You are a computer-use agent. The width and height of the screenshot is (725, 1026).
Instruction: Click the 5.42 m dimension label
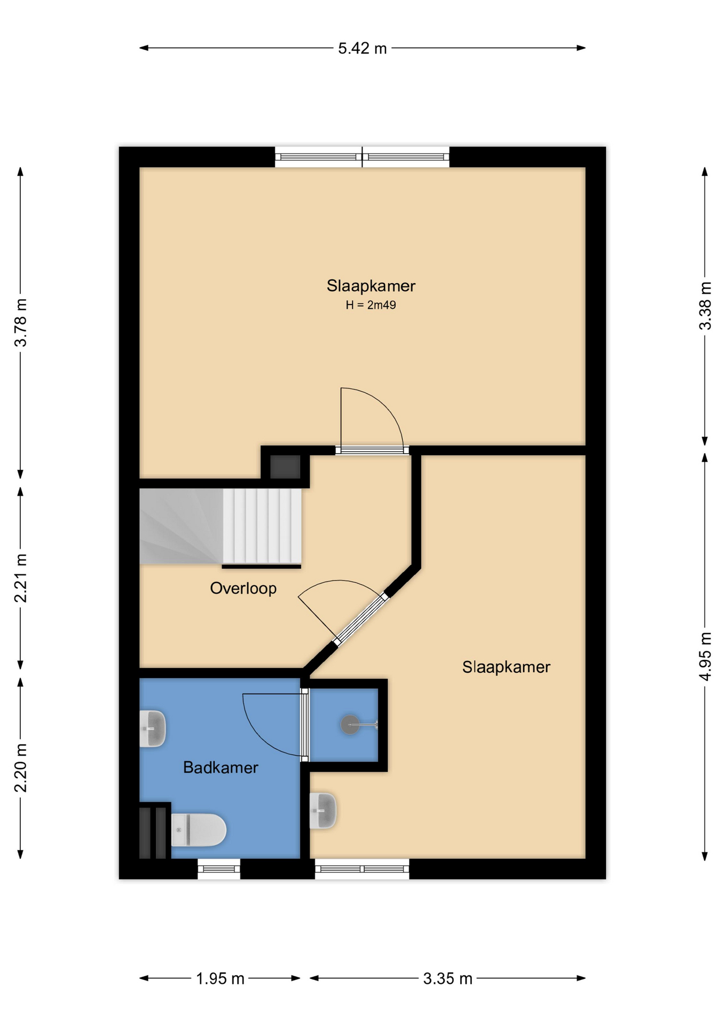tap(362, 49)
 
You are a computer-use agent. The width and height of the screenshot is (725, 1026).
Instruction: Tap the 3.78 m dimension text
tap(21, 323)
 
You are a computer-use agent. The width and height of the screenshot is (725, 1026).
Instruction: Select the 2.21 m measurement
tap(21, 578)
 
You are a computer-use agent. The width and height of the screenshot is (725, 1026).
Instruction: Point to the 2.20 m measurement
tap(21, 768)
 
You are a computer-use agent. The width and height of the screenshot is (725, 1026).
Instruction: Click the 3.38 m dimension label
tap(705, 306)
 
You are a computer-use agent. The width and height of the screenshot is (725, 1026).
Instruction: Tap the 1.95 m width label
tap(220, 979)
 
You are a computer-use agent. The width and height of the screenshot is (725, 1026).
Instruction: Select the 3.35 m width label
tap(448, 979)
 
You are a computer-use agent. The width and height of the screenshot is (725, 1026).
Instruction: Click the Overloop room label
tap(243, 588)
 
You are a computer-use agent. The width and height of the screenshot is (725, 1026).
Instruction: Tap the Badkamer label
tap(220, 767)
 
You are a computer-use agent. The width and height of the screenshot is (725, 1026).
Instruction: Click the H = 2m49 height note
tap(371, 305)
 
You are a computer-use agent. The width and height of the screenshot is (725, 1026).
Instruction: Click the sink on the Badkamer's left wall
tap(153, 728)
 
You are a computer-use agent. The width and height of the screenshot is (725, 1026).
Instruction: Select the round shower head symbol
tap(350, 725)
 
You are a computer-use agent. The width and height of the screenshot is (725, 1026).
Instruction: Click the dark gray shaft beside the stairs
tap(285, 467)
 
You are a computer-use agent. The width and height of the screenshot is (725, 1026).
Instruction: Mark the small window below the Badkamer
tap(219, 869)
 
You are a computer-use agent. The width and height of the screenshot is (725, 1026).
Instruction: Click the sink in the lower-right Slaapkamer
tap(323, 811)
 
